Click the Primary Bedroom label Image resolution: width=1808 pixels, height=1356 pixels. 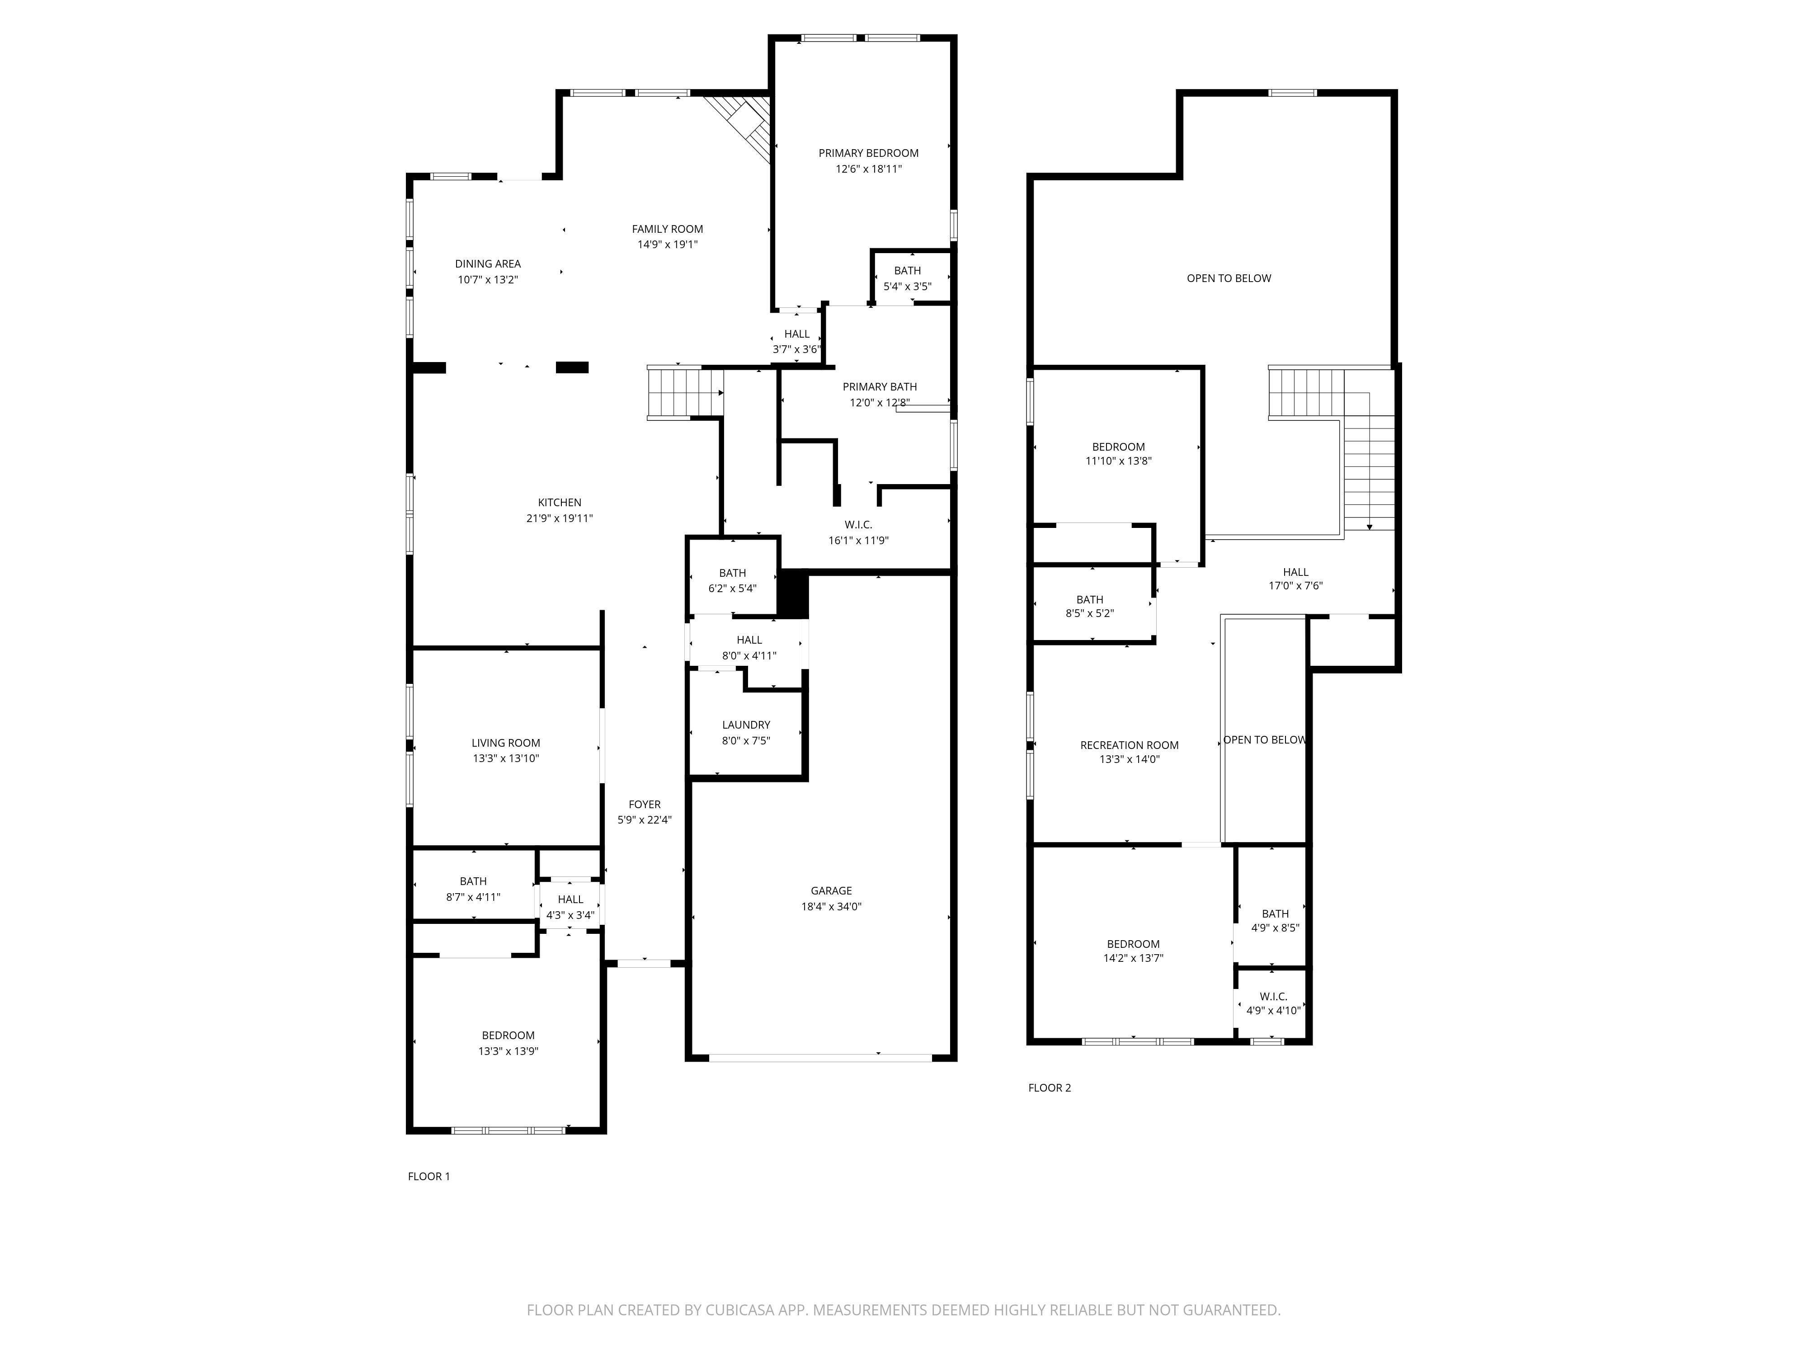pos(868,153)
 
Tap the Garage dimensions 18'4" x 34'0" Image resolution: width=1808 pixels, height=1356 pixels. pos(831,906)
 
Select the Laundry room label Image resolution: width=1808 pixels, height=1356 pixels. pos(745,725)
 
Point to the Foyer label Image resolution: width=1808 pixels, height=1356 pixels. pos(644,804)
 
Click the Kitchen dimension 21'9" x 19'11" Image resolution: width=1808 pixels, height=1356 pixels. pos(559,518)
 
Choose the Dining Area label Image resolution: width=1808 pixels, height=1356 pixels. pos(487,264)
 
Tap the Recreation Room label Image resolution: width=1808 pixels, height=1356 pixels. pos(1129,744)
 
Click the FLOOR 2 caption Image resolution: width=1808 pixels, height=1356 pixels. pos(1049,1087)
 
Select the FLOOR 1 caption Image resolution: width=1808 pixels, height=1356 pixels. pos(428,1176)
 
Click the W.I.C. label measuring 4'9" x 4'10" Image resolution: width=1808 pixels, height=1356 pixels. pos(1273,996)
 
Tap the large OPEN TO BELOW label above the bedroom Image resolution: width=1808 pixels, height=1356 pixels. pos(1229,278)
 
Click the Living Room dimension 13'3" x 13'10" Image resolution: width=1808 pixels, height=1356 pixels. pos(505,758)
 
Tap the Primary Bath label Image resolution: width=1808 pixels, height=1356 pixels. pos(880,386)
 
